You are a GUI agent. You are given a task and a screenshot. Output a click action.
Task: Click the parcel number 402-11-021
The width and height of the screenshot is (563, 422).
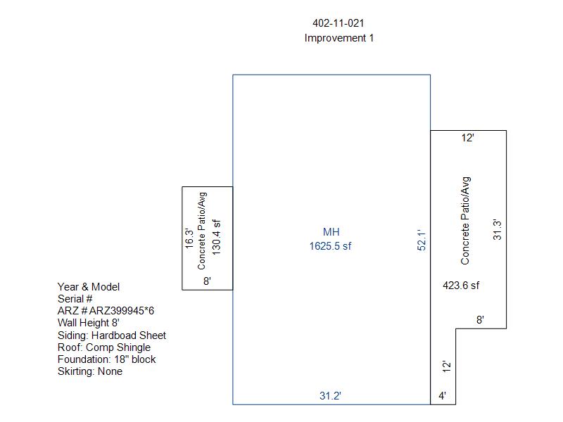pos(339,23)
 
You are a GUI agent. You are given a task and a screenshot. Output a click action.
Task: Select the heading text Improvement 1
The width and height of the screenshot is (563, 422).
pos(339,38)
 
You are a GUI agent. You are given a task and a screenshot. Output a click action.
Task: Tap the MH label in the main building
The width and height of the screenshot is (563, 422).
pos(331,232)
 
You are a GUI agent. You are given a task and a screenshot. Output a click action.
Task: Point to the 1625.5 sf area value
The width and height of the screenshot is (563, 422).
pos(330,246)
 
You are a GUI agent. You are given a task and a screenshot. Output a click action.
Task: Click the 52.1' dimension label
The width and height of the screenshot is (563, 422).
pos(422,240)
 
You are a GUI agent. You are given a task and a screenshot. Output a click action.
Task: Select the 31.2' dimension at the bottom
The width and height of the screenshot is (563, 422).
pos(330,396)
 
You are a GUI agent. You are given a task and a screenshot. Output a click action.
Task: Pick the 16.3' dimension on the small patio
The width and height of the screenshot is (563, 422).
pos(189,238)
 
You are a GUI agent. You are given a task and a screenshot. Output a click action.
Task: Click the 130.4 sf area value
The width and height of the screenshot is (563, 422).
pos(216,237)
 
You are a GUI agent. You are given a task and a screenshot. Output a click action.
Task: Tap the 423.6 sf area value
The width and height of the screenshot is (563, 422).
pos(461,286)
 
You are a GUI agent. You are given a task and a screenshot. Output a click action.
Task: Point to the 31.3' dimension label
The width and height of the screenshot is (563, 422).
pos(497,230)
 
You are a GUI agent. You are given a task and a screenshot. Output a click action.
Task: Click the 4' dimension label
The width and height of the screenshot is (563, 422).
pos(443,396)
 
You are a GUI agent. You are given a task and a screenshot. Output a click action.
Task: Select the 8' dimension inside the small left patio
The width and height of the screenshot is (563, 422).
pos(207,281)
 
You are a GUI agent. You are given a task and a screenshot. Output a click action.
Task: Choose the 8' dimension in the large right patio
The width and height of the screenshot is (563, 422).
pos(480,320)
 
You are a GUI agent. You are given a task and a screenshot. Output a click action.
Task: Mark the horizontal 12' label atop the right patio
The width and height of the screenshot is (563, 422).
pos(467,138)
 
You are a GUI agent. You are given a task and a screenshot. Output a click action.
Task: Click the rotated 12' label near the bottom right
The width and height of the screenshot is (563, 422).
pos(446,366)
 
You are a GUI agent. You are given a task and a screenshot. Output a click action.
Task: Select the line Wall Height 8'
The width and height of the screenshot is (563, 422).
pos(89,323)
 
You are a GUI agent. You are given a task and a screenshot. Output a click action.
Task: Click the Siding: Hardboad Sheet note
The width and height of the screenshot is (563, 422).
pos(112,335)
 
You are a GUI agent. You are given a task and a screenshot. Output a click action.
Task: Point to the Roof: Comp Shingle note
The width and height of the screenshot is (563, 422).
pos(103,347)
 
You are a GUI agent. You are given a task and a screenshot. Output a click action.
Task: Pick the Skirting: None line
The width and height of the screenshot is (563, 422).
pos(90,371)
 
